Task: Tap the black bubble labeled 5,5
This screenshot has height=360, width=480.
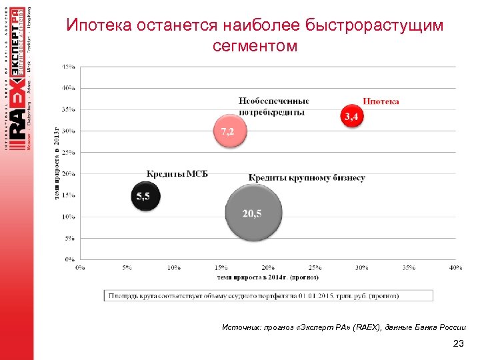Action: tap(144, 196)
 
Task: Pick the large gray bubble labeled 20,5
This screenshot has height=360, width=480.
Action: tap(252, 213)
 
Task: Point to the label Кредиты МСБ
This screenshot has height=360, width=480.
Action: tap(177, 173)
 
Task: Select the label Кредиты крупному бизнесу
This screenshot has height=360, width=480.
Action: tap(307, 177)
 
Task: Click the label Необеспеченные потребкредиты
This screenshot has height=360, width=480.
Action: tap(274, 106)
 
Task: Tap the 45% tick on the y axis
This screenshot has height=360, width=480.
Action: tap(68, 67)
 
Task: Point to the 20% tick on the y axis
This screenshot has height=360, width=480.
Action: tap(68, 174)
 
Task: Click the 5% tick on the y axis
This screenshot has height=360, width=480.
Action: tap(69, 238)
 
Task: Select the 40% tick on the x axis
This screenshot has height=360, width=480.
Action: tap(455, 268)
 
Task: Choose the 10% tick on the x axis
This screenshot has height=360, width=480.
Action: tap(173, 268)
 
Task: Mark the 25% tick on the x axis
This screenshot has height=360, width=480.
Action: tap(315, 268)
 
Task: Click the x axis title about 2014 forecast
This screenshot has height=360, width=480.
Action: tap(267, 277)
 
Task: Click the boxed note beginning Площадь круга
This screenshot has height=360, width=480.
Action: tap(253, 294)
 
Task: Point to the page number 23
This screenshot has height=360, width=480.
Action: tap(457, 344)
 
